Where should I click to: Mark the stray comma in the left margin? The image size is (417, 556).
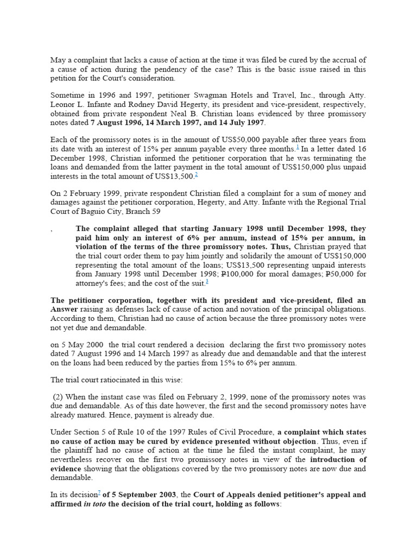tap(52, 231)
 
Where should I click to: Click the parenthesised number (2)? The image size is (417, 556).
tap(59, 397)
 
